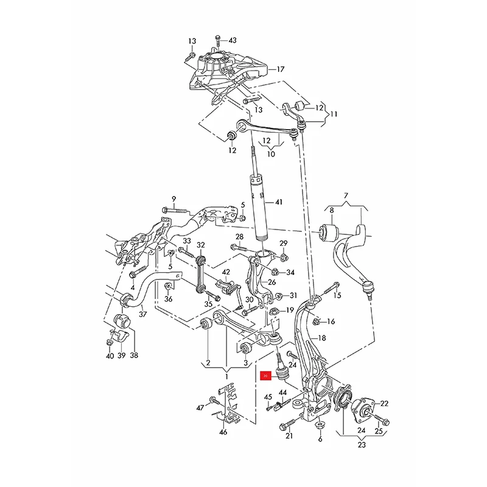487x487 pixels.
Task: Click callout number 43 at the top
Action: tap(232, 41)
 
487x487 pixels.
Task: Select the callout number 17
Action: tap(280, 69)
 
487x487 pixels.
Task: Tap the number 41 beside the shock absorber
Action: tap(279, 202)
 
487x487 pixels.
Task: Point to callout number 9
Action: tap(173, 199)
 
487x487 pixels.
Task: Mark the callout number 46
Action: tap(223, 432)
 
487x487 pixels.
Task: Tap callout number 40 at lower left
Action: tap(109, 356)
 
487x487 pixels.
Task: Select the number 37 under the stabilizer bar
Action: tap(142, 315)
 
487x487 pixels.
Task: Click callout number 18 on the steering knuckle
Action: tap(322, 337)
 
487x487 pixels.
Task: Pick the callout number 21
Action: tap(289, 436)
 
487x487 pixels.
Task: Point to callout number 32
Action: tap(201, 245)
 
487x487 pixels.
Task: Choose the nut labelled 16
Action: tap(317, 321)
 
